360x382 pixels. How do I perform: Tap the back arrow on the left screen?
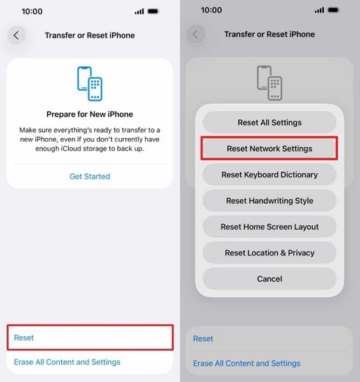(17, 34)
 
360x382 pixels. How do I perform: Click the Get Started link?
(89, 176)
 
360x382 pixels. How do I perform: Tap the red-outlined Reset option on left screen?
(89, 337)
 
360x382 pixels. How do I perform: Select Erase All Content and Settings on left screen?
(67, 362)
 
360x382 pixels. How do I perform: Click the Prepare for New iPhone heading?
(90, 115)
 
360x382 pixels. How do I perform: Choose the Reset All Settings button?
(270, 122)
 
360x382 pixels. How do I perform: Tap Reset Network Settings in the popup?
(270, 148)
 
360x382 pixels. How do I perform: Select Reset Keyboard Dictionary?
(270, 174)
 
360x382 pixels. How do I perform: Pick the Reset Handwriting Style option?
(270, 201)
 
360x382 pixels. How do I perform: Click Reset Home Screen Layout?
(270, 227)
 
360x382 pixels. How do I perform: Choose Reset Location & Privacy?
(270, 253)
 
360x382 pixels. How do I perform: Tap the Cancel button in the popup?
(270, 279)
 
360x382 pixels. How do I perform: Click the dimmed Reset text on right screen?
(203, 339)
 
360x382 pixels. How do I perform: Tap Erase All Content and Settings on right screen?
(247, 364)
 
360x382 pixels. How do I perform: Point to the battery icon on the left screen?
(154, 11)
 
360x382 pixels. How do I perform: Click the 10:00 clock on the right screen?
(212, 11)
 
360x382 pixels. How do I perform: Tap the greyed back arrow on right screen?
(196, 34)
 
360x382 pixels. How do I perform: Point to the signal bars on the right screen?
(319, 11)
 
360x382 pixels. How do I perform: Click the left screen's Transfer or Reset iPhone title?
(90, 34)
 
